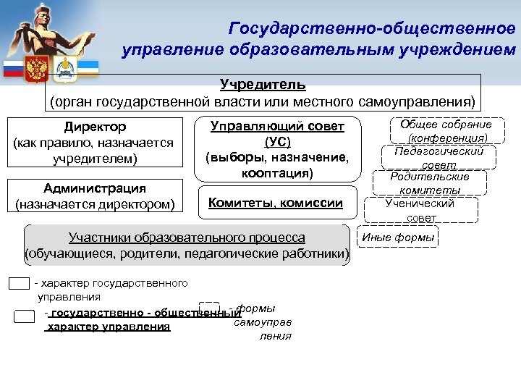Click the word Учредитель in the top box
pyautogui.click(x=263, y=85)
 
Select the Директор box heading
pyautogui.click(x=94, y=127)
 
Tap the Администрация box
pyautogui.click(x=94, y=196)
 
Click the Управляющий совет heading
pyautogui.click(x=277, y=126)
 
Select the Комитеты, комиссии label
pyautogui.click(x=276, y=203)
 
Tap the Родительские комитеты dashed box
pyautogui.click(x=430, y=182)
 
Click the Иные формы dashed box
pyautogui.click(x=398, y=237)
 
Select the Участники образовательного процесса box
pyautogui.click(x=187, y=245)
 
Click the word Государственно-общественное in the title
pyautogui.click(x=372, y=28)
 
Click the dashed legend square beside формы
pyautogui.click(x=208, y=310)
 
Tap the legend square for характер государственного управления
pyautogui.click(x=20, y=283)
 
